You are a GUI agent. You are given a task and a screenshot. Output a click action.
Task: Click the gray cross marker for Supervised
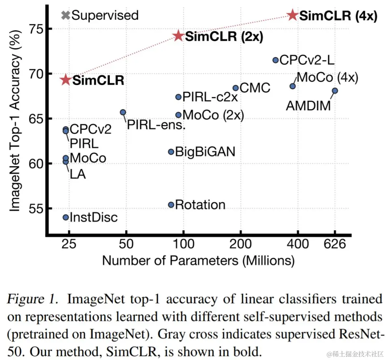65,15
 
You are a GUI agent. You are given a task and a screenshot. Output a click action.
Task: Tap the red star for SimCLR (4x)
292,15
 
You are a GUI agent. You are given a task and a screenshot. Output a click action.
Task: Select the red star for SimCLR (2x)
178,36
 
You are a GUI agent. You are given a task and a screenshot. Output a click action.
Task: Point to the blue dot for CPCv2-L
276,60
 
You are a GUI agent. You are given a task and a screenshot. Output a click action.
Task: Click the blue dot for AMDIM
335,91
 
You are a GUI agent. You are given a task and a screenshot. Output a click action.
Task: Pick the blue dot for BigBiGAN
171,152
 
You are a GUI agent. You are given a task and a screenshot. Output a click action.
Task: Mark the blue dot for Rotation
171,205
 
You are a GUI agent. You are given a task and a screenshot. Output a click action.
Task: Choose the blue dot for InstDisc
66,217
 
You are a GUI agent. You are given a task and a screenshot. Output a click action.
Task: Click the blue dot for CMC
236,88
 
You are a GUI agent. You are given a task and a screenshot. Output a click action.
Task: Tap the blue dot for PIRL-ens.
123,112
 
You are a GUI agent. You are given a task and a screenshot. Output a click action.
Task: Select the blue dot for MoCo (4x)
292,86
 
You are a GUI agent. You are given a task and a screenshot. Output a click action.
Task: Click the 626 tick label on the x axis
335,245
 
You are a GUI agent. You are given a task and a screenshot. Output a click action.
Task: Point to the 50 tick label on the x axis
126,245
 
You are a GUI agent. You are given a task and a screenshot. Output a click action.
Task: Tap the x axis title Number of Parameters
198,260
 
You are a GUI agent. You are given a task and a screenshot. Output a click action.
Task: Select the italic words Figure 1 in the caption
32,299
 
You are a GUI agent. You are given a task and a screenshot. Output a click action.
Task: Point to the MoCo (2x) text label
213,115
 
